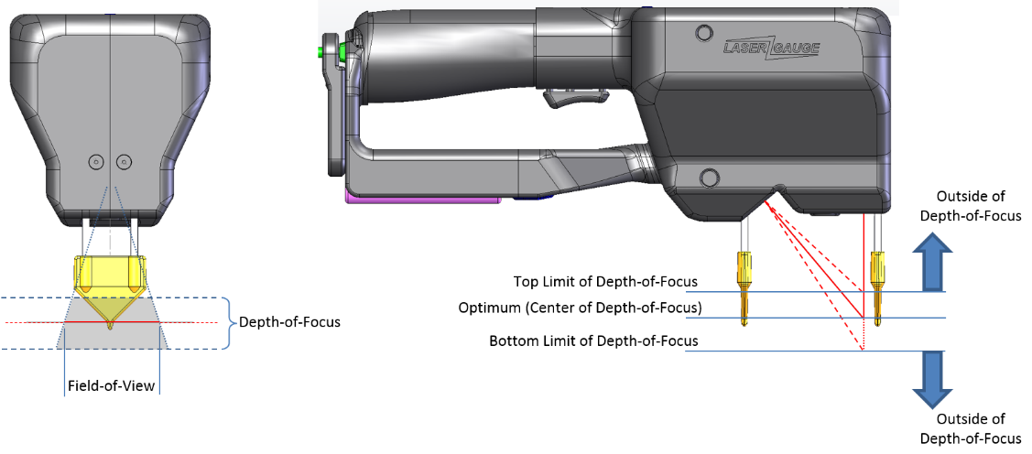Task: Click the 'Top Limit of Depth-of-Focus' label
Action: (x=605, y=282)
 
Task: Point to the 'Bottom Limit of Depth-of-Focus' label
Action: (x=593, y=341)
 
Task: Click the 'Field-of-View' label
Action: (x=111, y=385)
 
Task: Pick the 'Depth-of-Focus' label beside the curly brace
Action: (x=289, y=322)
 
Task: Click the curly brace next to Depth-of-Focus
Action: (x=231, y=322)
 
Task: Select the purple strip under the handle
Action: (x=422, y=196)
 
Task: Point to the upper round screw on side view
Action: (x=704, y=32)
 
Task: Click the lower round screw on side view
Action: (x=709, y=178)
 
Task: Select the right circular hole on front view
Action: (x=123, y=160)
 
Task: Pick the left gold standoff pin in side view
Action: (x=744, y=286)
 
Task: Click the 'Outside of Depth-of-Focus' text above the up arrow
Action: (x=980, y=206)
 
